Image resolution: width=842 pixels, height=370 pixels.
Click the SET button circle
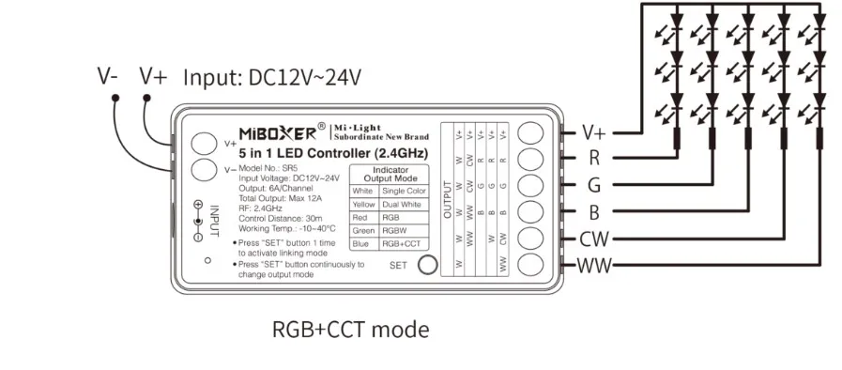[x=427, y=265]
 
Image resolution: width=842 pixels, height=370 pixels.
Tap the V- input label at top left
[x=108, y=76]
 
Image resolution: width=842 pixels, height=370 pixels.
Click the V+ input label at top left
[x=153, y=76]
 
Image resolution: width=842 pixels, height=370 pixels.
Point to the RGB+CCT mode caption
[x=350, y=329]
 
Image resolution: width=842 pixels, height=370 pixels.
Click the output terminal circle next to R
[x=530, y=159]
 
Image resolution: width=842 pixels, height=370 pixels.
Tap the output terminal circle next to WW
[x=530, y=265]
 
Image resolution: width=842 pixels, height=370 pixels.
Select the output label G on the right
[x=593, y=186]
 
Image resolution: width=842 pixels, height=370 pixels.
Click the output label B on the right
[x=593, y=212]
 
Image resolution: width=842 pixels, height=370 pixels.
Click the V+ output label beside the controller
[x=597, y=132]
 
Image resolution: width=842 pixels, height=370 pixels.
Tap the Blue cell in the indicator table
[x=361, y=243]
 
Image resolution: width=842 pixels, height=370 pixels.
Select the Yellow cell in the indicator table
[x=362, y=204]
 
